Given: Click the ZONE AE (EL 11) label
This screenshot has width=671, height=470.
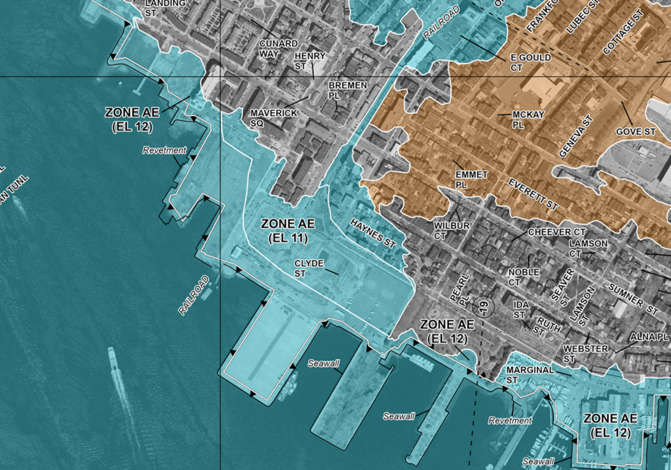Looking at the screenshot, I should [288, 231].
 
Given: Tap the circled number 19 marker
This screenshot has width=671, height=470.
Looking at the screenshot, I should [483, 307].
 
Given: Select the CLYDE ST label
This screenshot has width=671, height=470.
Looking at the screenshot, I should [309, 268].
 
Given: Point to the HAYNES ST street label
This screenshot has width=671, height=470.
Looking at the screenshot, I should [373, 233].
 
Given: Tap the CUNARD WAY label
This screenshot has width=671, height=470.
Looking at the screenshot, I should [273, 49].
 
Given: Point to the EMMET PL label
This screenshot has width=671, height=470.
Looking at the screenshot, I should [471, 180].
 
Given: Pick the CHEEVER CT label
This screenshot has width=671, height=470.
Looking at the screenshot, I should [556, 232].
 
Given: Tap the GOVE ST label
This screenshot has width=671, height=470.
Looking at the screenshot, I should [635, 131].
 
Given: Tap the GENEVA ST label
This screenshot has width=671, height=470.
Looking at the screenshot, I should [575, 137].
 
